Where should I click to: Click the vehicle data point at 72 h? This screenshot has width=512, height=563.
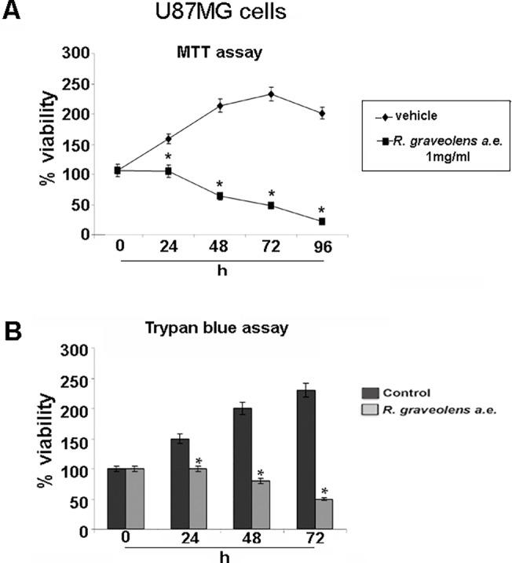pyautogui.click(x=271, y=94)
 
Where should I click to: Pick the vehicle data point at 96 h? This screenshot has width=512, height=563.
pyautogui.click(x=321, y=113)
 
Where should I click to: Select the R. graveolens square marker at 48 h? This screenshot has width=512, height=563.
pyautogui.click(x=221, y=196)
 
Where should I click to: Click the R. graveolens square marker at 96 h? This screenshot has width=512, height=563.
pyautogui.click(x=321, y=221)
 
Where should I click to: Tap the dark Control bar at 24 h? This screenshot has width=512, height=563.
pyautogui.click(x=181, y=484)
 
